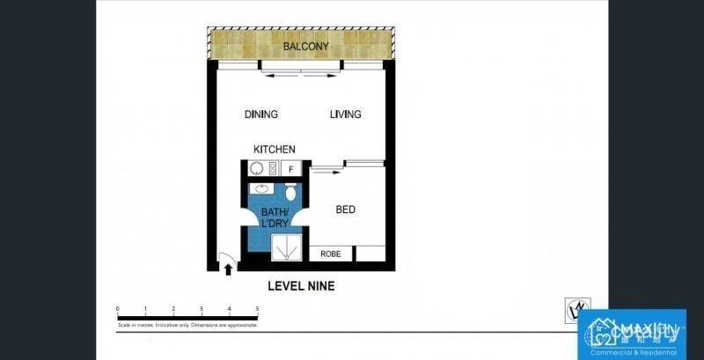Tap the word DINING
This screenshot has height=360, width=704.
coord(261,114)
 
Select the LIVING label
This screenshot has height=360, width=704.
coord(345,114)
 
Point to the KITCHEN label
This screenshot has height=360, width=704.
coord(275,150)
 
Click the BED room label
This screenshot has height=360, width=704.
coord(346,209)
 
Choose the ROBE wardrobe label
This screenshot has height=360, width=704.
coord(330,253)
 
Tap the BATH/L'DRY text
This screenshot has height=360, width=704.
coord(275,217)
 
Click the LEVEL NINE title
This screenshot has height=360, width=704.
coord(301,286)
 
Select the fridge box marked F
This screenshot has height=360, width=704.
coord(291,169)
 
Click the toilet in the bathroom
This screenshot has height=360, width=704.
coord(290,192)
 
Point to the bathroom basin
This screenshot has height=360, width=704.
coord(260,190)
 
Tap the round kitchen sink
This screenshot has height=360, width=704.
coord(258,169)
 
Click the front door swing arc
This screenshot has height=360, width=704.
coord(227,259)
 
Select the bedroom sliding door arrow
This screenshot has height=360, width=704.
coord(325,173)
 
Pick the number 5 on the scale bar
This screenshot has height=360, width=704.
coord(257,309)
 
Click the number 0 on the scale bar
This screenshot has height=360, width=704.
coord(118,309)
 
